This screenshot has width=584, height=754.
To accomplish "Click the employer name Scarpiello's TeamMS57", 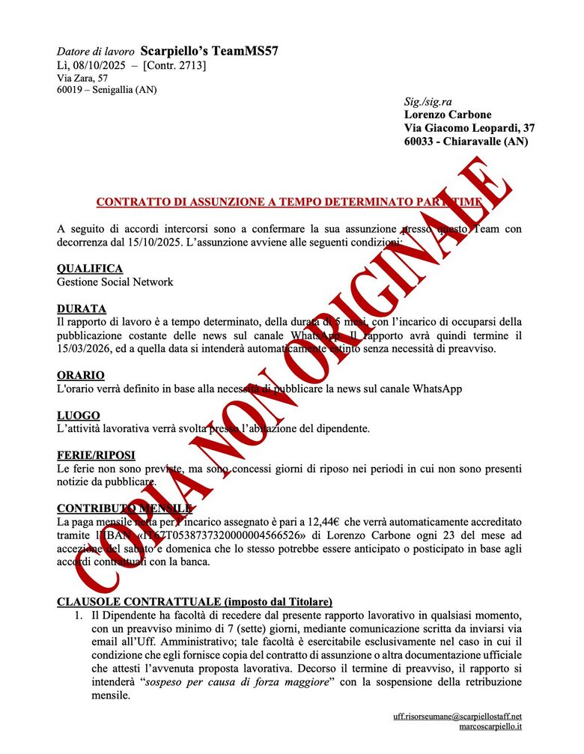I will [209, 51].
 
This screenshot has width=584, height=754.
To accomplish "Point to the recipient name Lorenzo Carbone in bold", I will [448, 115].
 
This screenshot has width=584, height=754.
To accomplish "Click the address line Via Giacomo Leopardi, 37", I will [469, 128].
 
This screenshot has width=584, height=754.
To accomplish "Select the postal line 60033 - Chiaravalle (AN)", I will [465, 142].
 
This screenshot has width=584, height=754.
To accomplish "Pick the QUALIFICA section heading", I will [90, 268].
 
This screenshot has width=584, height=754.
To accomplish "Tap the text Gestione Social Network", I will [115, 282].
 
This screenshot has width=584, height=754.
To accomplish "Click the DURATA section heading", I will [82, 308].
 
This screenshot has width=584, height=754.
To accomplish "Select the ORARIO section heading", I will [81, 375].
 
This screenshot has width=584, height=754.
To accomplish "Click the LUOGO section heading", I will [79, 415].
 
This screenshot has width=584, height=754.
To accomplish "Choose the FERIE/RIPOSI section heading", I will [96, 455].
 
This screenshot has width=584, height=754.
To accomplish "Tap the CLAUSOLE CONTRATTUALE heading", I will [195, 601].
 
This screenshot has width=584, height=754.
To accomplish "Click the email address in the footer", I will [457, 717].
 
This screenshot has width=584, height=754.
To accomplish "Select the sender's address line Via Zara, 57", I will [82, 78].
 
